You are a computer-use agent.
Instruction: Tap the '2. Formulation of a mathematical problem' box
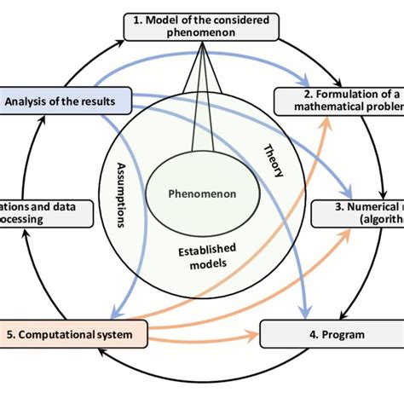pos(338,101)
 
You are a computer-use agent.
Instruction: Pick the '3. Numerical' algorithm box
pos(357,212)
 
